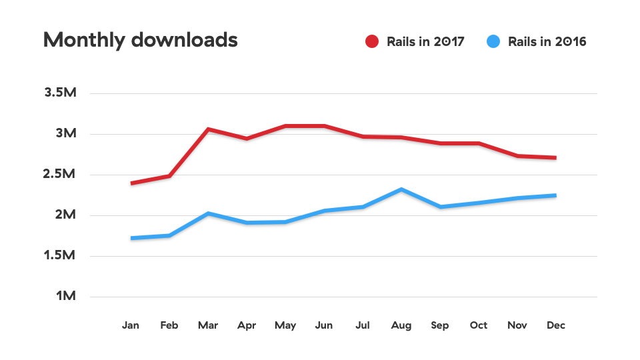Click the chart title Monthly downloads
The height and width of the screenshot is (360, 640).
140,40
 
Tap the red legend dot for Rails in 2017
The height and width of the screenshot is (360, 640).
371,41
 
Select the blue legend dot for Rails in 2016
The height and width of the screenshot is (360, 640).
493,41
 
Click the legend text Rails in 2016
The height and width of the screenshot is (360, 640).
547,41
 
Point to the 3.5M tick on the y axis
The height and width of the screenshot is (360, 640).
61,93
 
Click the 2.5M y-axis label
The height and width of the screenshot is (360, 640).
61,174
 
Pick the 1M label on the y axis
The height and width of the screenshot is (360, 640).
66,296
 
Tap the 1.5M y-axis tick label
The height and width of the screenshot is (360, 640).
61,255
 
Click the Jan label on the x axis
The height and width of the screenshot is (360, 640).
131,325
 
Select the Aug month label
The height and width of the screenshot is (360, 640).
401,325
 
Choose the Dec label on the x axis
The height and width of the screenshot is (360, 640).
555,325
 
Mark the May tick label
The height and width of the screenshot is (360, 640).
285,325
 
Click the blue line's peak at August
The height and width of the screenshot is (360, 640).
401,189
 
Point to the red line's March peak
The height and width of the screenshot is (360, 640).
209,129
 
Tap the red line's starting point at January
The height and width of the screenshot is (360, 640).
132,183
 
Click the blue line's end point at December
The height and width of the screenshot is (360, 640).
555,195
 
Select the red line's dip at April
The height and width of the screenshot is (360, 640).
247,139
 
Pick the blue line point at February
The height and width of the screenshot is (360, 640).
170,235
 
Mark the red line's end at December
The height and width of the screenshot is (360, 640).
555,158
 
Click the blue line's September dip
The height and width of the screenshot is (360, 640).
440,207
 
